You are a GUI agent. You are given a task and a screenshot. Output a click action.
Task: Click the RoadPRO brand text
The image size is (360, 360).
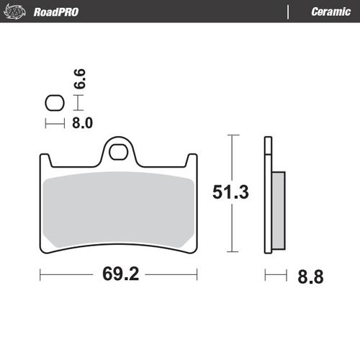click(56, 12)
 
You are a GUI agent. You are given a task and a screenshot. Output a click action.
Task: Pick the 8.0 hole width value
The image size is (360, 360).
click(82, 123)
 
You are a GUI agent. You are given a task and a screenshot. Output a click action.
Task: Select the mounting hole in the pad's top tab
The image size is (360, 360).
click(118, 151)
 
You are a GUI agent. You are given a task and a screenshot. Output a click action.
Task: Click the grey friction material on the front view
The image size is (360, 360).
click(118, 209)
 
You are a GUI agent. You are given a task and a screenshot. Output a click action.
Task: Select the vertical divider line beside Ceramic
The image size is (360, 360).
click(288, 12)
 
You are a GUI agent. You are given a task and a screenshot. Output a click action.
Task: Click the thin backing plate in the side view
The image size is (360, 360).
click(269, 194)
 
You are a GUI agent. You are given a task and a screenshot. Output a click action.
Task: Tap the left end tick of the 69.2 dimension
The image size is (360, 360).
click(40, 275)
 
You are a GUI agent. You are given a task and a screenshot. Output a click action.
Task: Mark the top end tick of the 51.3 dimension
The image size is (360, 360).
click(230, 135)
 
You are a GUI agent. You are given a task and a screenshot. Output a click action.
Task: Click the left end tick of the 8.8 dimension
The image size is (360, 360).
click(266, 275)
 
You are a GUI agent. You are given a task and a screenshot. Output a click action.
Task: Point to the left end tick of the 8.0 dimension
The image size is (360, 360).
click(47, 123)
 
